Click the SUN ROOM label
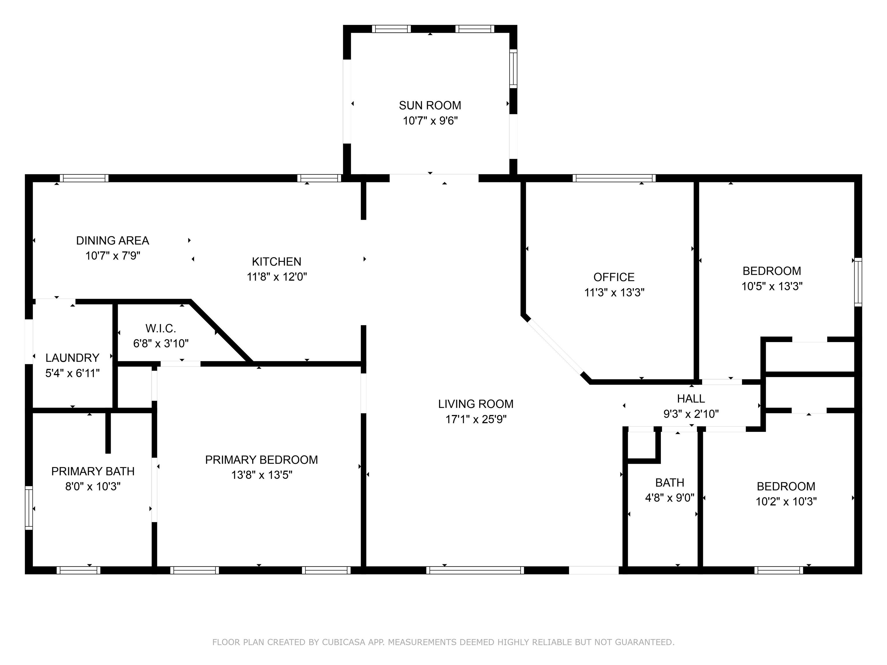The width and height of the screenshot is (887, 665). tap(430, 105)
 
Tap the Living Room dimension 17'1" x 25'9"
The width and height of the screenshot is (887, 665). tap(476, 419)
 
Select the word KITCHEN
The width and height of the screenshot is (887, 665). tap(276, 262)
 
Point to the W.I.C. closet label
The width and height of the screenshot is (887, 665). tap(161, 329)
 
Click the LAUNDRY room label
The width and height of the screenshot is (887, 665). tap(72, 358)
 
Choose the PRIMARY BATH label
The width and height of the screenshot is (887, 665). tap(93, 471)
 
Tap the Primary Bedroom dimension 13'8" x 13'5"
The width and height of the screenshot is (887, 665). tap(261, 475)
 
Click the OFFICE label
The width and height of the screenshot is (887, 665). tap(614, 277)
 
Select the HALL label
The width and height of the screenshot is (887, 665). tap(691, 399)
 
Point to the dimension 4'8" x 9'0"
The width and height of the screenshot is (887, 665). tap(670, 498)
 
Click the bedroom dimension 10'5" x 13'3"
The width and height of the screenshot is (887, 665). tap(772, 287)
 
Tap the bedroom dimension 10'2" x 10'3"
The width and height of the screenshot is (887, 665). tap(786, 501)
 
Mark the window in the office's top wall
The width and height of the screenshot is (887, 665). tap(614, 178)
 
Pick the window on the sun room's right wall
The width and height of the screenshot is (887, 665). tap(513, 68)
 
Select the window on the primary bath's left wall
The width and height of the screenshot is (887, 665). tap(29, 508)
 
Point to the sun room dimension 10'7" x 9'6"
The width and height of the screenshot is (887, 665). tap(430, 121)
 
